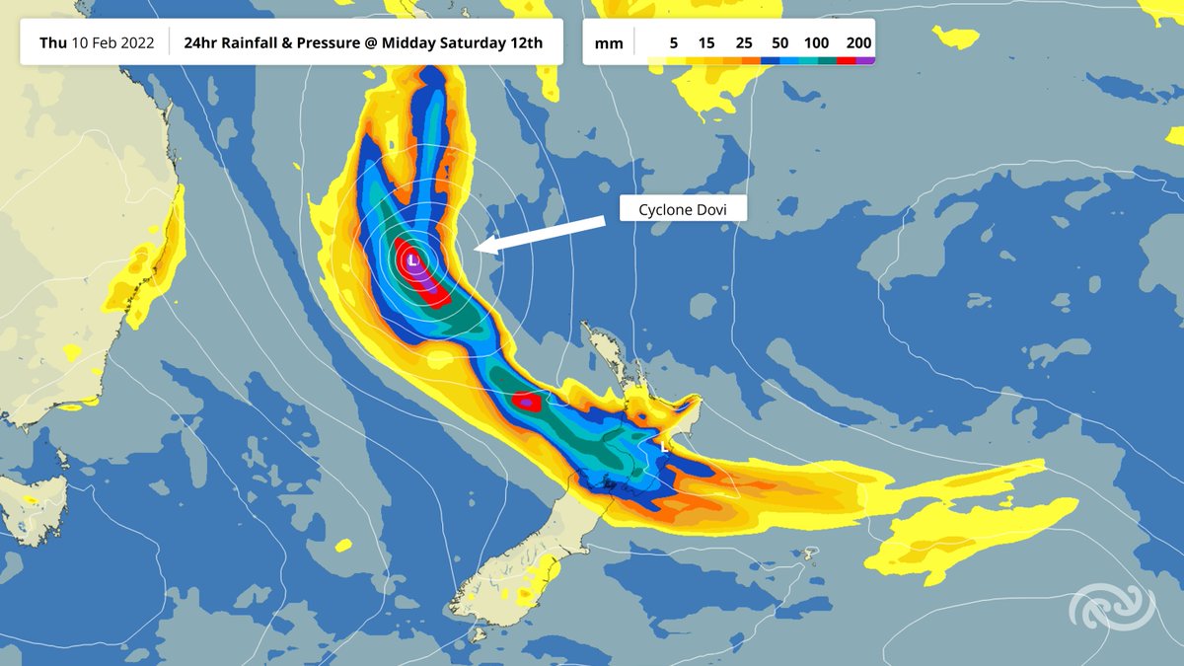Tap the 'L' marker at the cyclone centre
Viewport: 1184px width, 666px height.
413,259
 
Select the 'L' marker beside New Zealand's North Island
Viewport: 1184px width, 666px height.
665,445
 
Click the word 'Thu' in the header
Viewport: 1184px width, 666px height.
52,43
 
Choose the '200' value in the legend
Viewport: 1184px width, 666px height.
858,43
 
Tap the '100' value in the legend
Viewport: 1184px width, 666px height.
816,43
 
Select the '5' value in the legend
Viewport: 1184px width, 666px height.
674,43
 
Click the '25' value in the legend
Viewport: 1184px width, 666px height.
743,43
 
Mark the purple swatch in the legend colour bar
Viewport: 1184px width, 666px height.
865,61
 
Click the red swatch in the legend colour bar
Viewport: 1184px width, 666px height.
847,61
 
